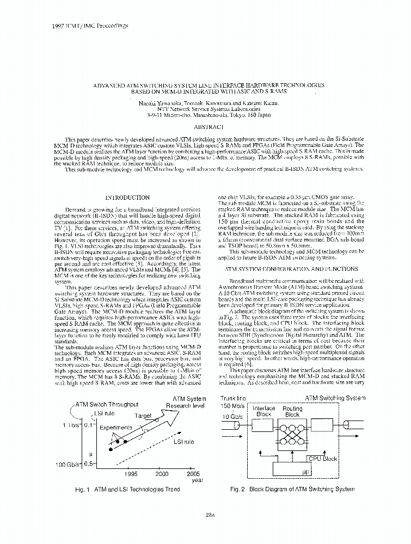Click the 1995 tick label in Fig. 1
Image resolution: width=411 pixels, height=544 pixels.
131,474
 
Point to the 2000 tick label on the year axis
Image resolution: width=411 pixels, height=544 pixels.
162,474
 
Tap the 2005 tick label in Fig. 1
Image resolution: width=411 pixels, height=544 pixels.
193,474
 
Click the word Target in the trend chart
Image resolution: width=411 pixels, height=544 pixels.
144,415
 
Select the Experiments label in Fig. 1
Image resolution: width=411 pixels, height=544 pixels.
115,428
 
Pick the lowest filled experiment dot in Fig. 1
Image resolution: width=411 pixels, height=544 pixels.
111,450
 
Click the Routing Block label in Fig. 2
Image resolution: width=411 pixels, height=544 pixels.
292,411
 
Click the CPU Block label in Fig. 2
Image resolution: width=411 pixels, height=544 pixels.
323,459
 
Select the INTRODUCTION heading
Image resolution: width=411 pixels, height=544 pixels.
127,197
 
